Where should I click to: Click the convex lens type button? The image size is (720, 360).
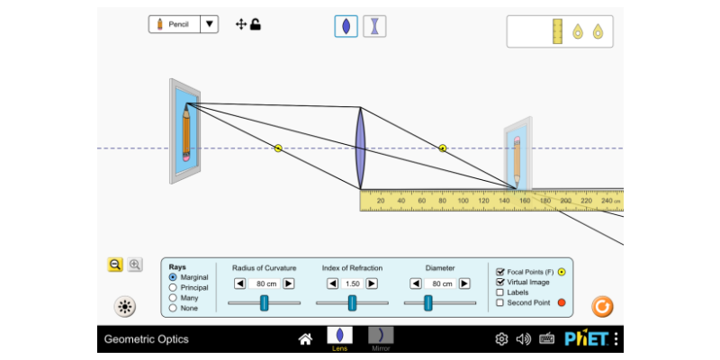[x=346, y=26]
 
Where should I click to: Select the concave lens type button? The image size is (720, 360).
[x=373, y=26]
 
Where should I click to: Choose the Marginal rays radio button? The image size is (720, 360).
[x=173, y=277]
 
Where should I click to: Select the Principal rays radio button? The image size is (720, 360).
[x=173, y=287]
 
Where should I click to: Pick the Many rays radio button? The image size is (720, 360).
[x=173, y=298]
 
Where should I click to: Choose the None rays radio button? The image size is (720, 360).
[x=173, y=308]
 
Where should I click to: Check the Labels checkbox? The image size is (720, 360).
[x=500, y=292]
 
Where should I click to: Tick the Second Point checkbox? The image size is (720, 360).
[x=500, y=303]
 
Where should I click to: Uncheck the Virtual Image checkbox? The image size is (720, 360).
[x=500, y=282]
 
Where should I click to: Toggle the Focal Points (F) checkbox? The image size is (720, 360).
[x=500, y=271]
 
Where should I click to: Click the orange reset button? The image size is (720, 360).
[x=602, y=307]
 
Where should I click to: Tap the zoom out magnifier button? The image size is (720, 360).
[x=115, y=265]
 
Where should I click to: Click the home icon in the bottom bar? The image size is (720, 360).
[x=305, y=339]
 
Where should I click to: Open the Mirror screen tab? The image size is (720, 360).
[x=381, y=338]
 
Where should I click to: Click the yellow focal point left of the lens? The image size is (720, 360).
[x=278, y=148]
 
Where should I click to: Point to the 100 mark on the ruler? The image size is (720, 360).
[x=463, y=200]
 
